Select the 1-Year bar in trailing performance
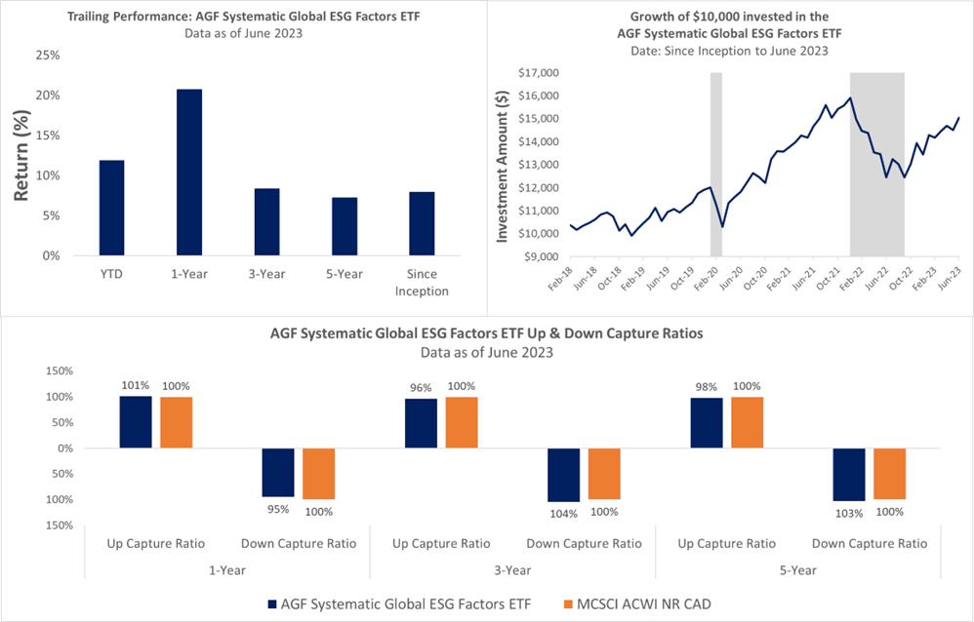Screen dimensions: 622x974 coord(189,173)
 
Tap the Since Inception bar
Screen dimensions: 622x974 coord(423,223)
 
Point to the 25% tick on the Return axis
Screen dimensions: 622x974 coord(47,55)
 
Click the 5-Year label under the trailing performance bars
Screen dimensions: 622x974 coord(344,275)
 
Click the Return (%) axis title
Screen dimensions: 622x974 coord(21,156)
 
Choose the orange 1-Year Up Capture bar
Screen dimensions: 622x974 coord(177,422)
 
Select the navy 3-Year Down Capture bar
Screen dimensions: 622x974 coord(564,475)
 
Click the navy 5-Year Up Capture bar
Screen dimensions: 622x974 coord(706,423)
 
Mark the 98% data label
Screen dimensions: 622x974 coord(706,387)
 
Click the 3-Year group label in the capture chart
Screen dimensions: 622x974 coord(511,568)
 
